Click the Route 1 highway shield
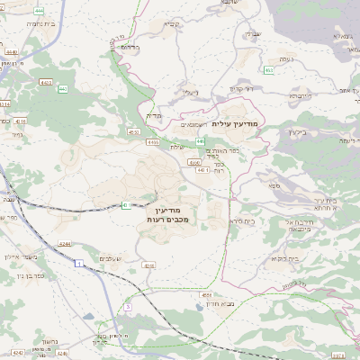(x=79, y=263)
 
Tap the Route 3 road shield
(x=128, y=307)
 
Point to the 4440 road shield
(x=10, y=53)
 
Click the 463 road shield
(x=269, y=69)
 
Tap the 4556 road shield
(x=206, y=294)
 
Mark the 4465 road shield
(x=152, y=141)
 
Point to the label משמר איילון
(x=19, y=257)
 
